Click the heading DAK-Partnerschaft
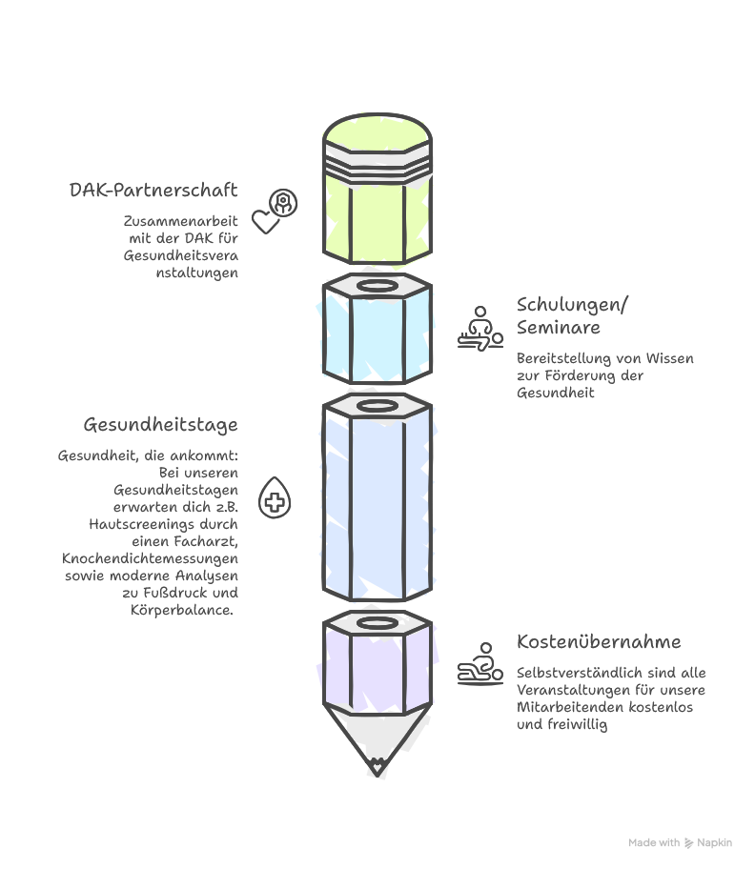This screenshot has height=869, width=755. click(x=153, y=190)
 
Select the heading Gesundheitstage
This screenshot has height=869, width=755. click(x=160, y=424)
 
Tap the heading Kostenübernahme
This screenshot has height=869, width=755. click(x=599, y=641)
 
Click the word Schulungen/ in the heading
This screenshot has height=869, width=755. click(x=573, y=305)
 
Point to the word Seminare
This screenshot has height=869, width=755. click(x=559, y=328)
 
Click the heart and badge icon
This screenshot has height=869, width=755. click(x=275, y=211)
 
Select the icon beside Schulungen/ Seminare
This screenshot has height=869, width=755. click(x=480, y=328)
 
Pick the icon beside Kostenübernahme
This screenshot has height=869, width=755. click(x=480, y=663)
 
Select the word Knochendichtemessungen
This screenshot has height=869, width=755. click(x=151, y=558)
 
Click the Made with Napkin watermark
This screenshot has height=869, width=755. click(x=680, y=843)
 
